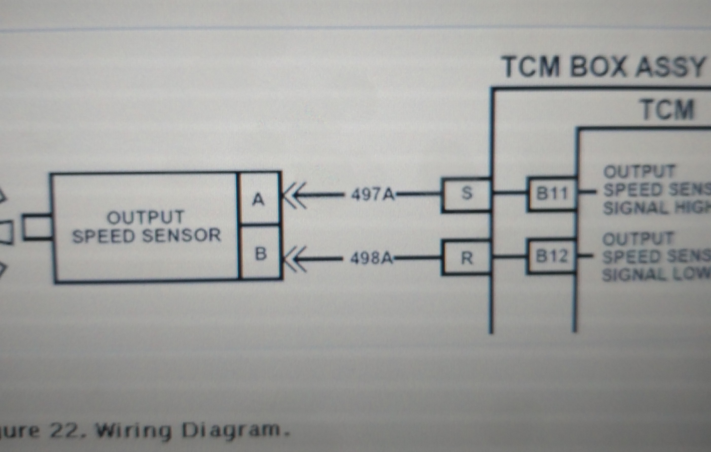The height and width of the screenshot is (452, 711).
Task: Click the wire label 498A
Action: (371, 258)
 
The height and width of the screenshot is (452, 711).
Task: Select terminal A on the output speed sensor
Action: (259, 199)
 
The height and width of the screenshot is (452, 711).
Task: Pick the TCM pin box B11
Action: (552, 194)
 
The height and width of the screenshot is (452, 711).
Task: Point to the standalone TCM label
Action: (668, 110)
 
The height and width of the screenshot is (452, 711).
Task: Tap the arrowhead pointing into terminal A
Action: (294, 195)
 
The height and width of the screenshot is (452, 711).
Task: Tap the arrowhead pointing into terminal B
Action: (294, 259)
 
